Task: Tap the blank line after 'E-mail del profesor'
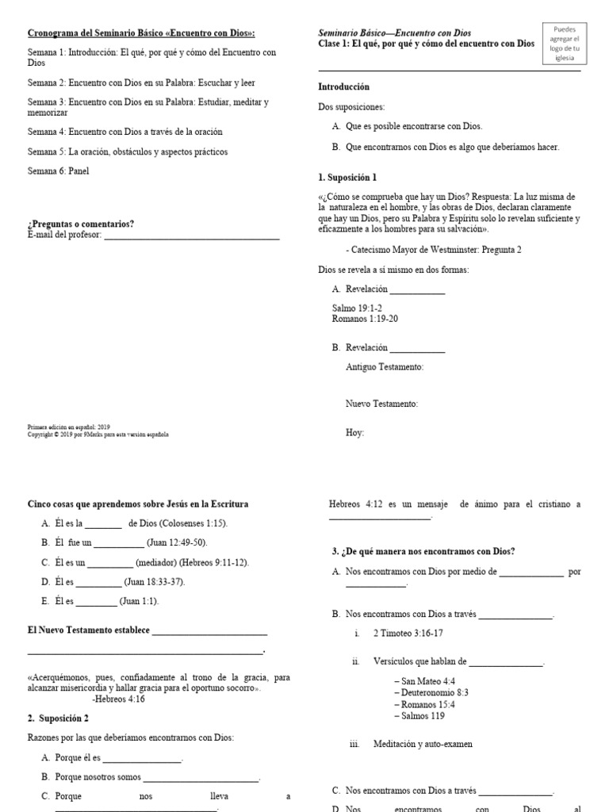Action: pos(192,235)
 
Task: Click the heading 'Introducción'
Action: pos(343,86)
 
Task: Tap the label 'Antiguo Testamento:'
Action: pos(385,367)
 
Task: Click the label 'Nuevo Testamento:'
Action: pos(381,404)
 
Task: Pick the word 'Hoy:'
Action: pos(354,433)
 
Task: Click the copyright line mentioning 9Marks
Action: pos(98,435)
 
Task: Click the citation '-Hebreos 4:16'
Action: pos(118,699)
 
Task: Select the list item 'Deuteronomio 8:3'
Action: pos(435,692)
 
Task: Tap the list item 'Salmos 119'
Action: pos(423,716)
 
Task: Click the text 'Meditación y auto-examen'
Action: pos(423,745)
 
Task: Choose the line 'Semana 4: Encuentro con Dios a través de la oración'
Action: pos(125,132)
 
